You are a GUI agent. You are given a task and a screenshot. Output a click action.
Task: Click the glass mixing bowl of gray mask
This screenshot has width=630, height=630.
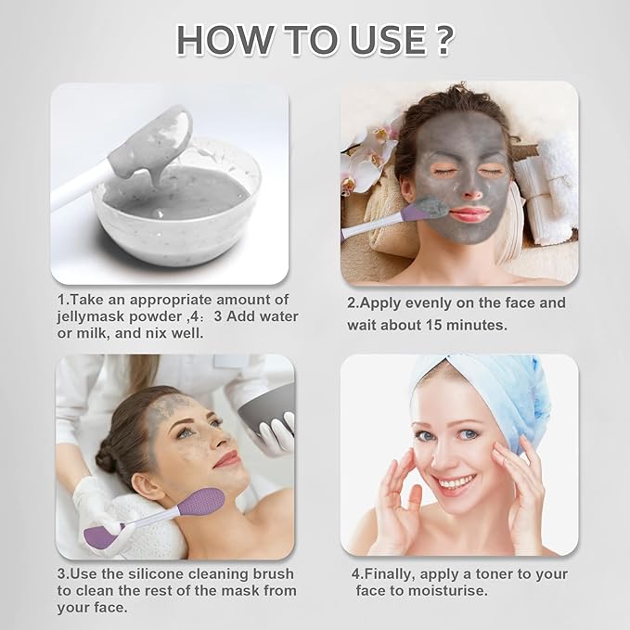click(176, 199)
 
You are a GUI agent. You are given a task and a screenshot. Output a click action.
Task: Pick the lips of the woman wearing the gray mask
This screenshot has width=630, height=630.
click(470, 214)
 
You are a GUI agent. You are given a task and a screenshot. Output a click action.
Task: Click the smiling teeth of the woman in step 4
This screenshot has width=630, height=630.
click(454, 482)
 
